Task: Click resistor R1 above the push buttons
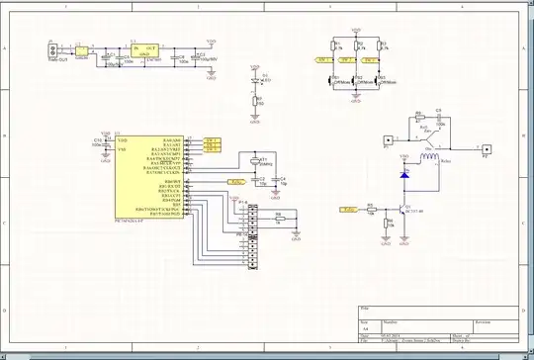click(x=333, y=45)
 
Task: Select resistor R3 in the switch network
click(x=381, y=45)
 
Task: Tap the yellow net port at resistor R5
click(x=348, y=209)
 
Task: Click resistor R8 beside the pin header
click(x=278, y=219)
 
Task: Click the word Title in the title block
click(x=364, y=310)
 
